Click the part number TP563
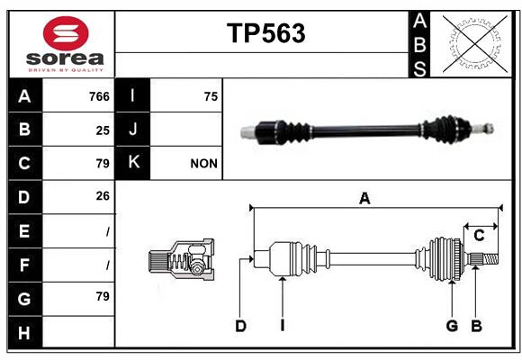[265, 33]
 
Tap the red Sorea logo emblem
[65, 35]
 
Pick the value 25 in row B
[103, 130]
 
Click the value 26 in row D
[103, 196]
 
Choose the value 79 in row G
[103, 296]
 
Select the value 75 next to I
[211, 96]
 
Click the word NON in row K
[204, 164]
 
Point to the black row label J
[133, 130]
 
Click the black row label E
[24, 230]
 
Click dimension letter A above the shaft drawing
[364, 199]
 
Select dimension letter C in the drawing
[479, 236]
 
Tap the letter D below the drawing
[240, 326]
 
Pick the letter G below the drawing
[452, 326]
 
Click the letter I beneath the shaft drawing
[282, 326]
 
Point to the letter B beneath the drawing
[477, 326]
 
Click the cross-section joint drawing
[181, 262]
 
